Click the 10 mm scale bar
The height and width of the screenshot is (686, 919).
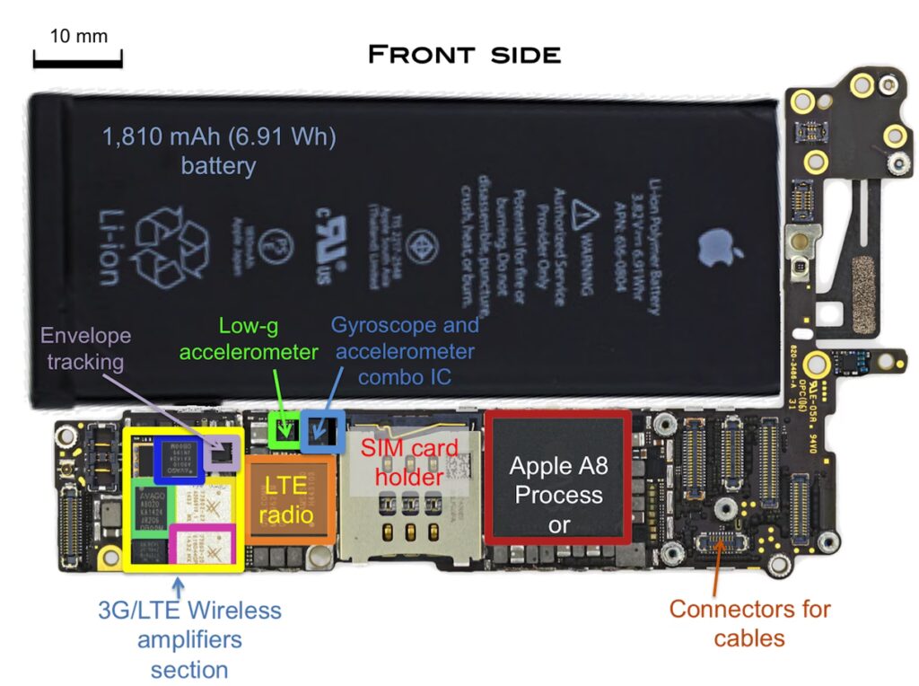click(77, 63)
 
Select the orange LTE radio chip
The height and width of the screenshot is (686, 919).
click(291, 499)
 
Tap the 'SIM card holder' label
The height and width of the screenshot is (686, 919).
click(409, 462)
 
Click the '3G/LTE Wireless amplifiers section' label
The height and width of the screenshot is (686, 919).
click(189, 640)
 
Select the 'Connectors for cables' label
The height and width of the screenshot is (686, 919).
click(749, 623)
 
